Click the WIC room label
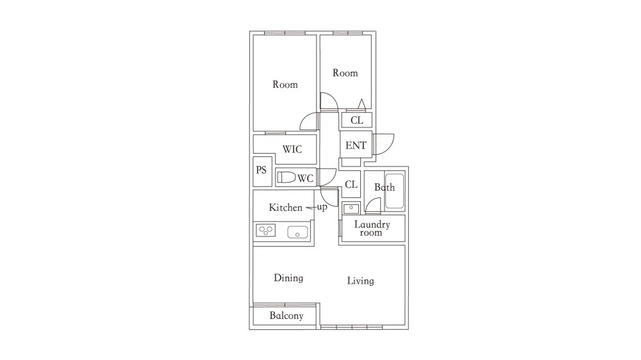[292, 149]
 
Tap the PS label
[262, 170]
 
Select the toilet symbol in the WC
[286, 177]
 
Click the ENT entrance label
[356, 145]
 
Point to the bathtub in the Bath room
[394, 192]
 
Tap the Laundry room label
[372, 229]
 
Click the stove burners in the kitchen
[266, 231]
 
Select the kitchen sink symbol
[297, 232]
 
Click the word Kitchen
[286, 208]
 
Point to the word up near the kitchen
[322, 208]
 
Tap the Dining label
[288, 278]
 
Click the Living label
[360, 281]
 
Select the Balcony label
[286, 316]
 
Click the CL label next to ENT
[357, 120]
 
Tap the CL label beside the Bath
[351, 184]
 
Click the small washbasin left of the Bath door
[351, 208]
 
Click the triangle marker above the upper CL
[362, 104]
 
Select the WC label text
[305, 178]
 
